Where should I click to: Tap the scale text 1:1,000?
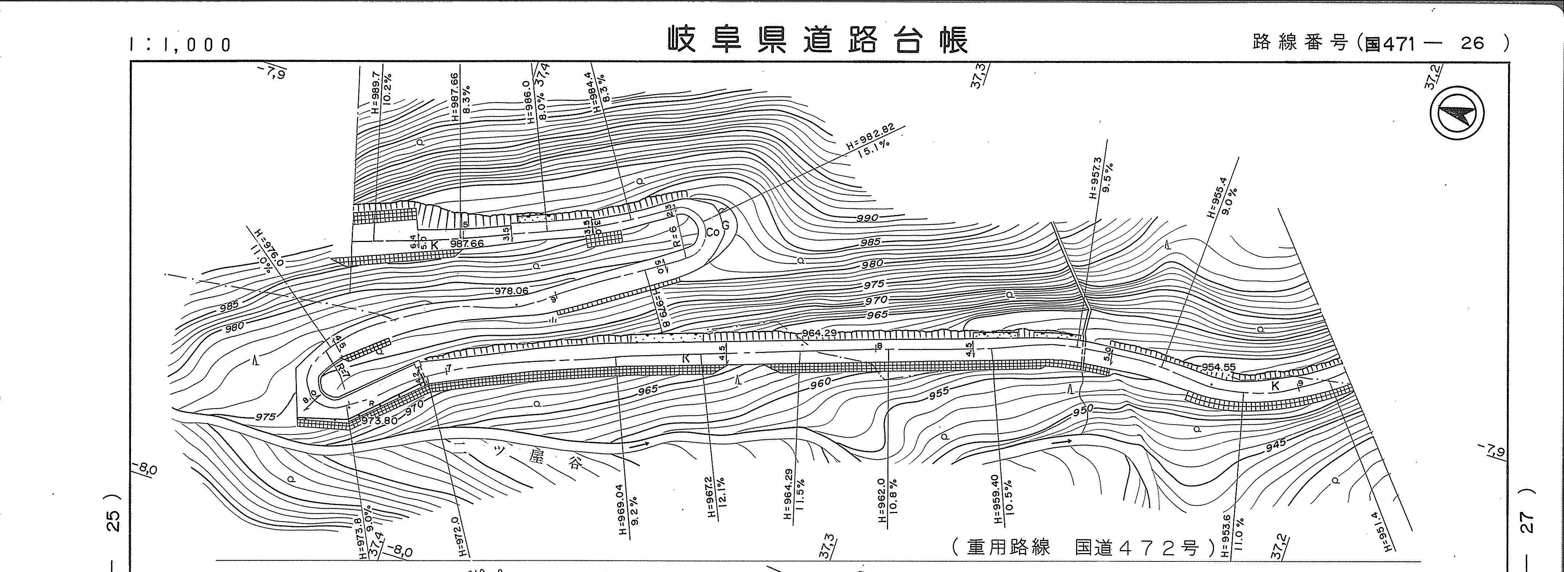click(x=180, y=45)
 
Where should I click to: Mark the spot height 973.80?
click(x=379, y=421)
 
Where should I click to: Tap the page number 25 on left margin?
click(x=114, y=521)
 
